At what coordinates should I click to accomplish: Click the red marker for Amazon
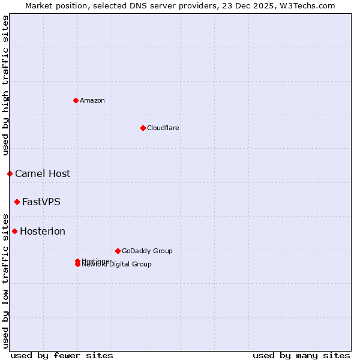[76, 100]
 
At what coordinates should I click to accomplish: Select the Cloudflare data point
[143, 128]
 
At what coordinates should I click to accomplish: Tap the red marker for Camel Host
[10, 173]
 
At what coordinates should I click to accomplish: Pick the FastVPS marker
[17, 202]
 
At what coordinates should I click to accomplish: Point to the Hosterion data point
[14, 231]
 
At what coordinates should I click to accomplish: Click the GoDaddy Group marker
[118, 251]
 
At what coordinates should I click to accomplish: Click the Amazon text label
[92, 100]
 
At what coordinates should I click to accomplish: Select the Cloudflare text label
[163, 128]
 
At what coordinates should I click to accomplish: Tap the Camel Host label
[43, 174]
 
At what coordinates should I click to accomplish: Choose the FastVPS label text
[41, 202]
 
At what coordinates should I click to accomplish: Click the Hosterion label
[43, 232]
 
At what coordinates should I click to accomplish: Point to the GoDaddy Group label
[147, 251]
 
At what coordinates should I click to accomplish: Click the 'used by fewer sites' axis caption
[62, 355]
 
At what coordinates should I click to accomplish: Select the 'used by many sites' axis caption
[301, 355]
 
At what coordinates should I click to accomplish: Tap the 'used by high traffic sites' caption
[5, 85]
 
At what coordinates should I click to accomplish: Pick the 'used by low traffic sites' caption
[5, 280]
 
